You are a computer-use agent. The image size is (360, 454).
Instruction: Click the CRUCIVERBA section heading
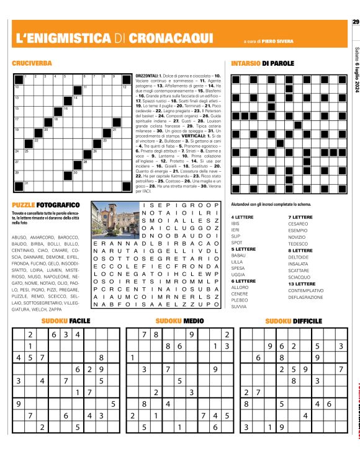coord(30,63)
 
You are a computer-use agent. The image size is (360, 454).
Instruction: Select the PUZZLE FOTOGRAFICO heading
coord(45,205)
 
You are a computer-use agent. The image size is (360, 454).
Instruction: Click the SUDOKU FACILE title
coord(66,321)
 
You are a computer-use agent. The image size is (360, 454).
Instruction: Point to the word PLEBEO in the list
coord(239,299)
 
